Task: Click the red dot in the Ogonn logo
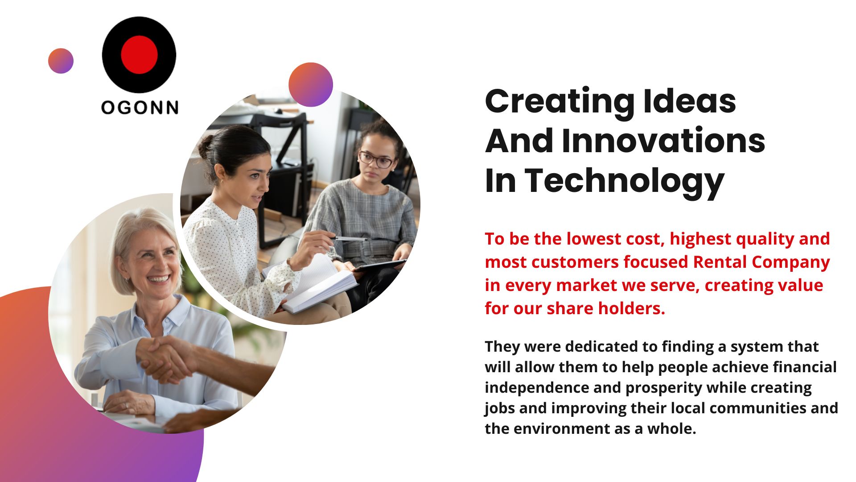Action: [139, 54]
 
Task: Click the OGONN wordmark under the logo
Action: [140, 107]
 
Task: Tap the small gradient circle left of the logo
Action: [61, 61]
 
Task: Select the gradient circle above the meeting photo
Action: [311, 85]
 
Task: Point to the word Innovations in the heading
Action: [663, 141]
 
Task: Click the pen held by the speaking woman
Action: [350, 239]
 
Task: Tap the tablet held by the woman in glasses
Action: [380, 266]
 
